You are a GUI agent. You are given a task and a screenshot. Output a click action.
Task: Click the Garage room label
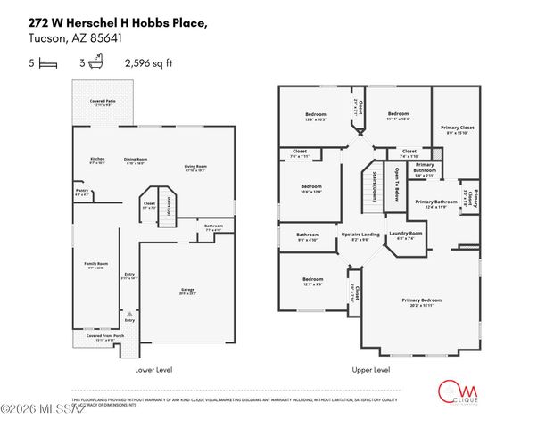tap(187, 291)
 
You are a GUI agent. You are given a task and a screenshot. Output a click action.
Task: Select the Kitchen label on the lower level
tap(98, 160)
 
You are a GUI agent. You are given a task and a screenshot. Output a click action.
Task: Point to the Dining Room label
tap(136, 160)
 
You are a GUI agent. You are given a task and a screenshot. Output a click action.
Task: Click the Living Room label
tap(196, 167)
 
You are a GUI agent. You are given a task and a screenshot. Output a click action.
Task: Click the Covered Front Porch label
tap(101, 337)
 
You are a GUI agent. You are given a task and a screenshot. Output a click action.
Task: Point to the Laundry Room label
tap(399, 235)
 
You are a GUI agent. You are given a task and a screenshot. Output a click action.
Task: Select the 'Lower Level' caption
tap(153, 369)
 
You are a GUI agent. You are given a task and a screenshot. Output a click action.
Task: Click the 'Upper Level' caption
tap(370, 369)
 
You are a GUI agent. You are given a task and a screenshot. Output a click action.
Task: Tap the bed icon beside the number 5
tap(47, 63)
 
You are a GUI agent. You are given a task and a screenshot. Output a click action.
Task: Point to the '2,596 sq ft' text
tap(149, 63)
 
